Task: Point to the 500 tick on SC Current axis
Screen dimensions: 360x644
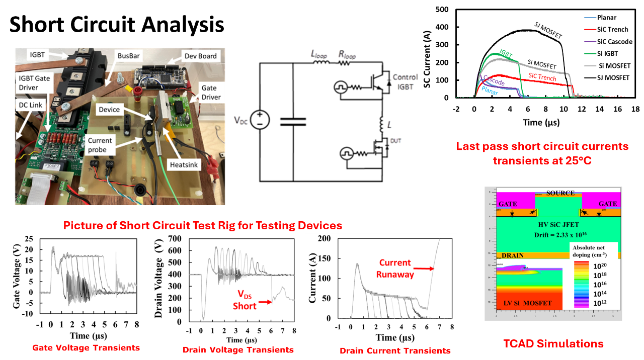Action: point(442,9)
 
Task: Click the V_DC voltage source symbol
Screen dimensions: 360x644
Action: point(260,120)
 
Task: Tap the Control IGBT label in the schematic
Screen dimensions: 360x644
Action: point(405,81)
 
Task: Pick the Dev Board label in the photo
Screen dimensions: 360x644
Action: point(201,55)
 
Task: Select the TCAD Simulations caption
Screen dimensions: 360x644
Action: point(553,344)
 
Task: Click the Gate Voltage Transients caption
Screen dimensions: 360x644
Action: point(86,347)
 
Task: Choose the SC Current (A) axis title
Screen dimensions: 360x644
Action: point(427,54)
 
